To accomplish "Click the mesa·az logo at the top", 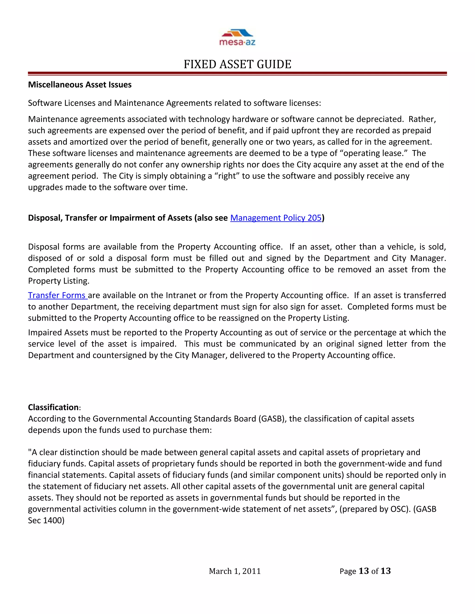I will click(237, 37).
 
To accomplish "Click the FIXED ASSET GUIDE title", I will click(237, 64).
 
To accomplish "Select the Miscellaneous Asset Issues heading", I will click(80, 85).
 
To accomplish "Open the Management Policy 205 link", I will click(276, 218).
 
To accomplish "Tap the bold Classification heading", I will click(53, 407).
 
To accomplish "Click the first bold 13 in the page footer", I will click(364, 571).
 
